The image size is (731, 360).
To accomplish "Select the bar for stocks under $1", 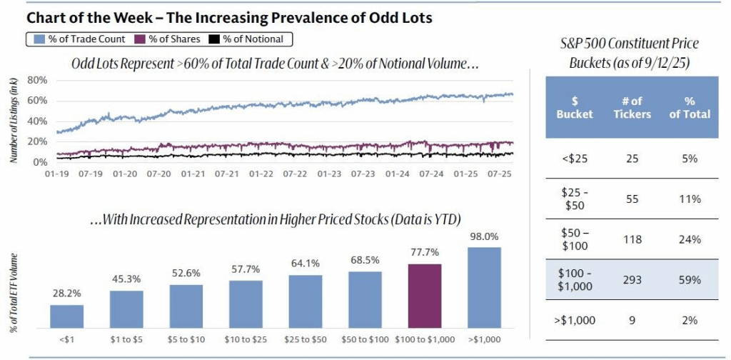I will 66,315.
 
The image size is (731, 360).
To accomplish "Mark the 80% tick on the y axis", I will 37,80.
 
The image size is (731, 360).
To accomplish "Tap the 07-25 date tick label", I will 498,174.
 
